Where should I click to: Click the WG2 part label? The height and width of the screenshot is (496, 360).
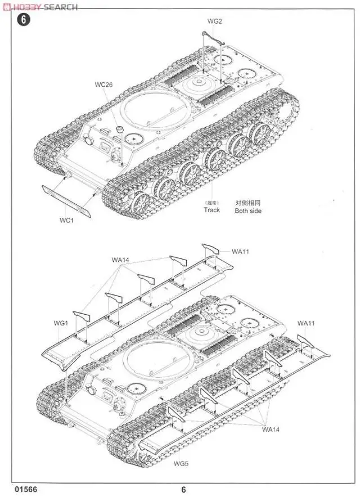[x=215, y=22]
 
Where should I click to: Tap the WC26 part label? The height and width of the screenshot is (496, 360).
[x=104, y=85]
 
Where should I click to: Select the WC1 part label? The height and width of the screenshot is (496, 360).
[x=66, y=220]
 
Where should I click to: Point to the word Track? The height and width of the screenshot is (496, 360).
[x=212, y=210]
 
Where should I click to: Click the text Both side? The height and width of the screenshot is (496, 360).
[x=248, y=211]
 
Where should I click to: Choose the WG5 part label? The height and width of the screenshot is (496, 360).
[x=181, y=464]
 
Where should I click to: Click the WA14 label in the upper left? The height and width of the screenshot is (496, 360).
[x=120, y=260]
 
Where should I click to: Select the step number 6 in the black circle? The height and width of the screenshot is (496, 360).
[x=22, y=20]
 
